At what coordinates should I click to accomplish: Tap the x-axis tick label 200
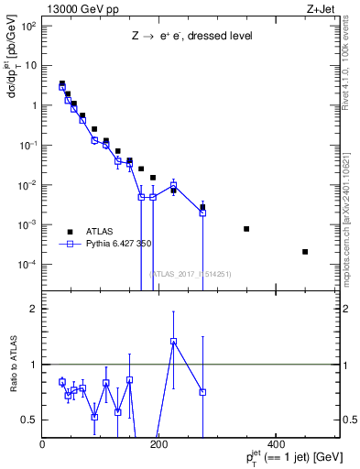click(x=158, y=445)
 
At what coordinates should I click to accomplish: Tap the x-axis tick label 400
click(x=275, y=445)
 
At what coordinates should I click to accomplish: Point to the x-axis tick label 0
click(x=43, y=445)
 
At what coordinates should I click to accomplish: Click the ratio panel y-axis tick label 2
click(x=34, y=309)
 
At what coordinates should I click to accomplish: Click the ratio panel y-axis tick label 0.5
click(x=29, y=420)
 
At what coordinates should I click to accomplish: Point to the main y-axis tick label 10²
click(x=27, y=26)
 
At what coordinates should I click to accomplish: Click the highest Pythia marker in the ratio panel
click(x=173, y=342)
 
